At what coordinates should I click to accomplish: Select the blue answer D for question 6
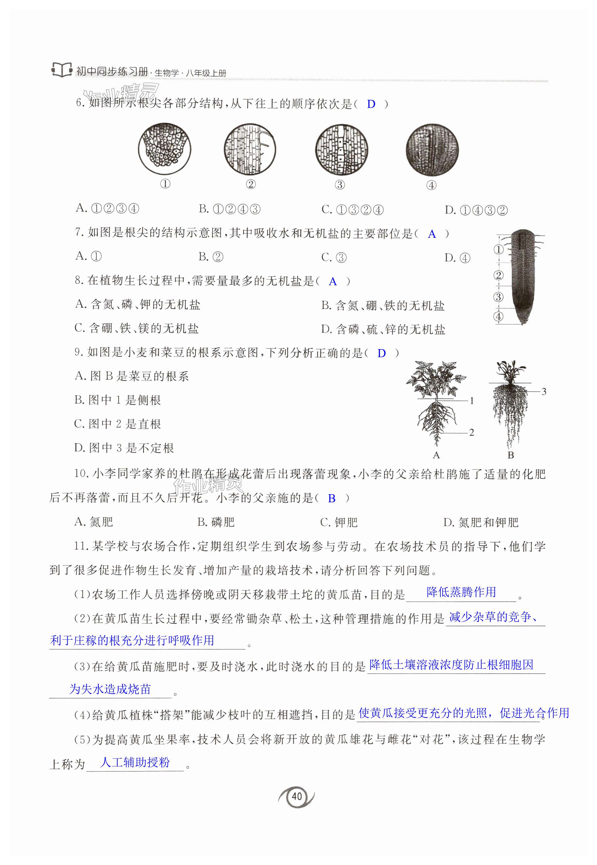click(371, 104)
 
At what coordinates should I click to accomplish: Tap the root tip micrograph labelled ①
click(165, 149)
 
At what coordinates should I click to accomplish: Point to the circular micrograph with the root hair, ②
click(250, 149)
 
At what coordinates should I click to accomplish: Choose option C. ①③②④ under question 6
click(352, 210)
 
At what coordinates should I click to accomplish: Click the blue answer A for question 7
click(432, 234)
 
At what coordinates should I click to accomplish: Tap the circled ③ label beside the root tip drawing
click(498, 297)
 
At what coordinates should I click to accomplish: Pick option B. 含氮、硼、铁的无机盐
click(383, 305)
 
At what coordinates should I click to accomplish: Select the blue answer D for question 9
click(381, 353)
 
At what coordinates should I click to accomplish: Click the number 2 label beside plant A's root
click(471, 432)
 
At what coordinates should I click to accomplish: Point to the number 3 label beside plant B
click(544, 392)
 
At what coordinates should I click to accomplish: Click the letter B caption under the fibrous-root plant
click(510, 455)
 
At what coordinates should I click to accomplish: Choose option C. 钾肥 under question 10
click(339, 522)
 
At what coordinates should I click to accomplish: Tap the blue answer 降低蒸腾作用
click(461, 592)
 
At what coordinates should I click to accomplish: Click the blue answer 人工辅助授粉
click(135, 762)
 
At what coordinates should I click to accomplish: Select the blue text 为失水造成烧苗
click(110, 689)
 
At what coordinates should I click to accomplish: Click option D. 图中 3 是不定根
click(124, 448)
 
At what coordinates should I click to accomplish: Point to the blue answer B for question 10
click(332, 499)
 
